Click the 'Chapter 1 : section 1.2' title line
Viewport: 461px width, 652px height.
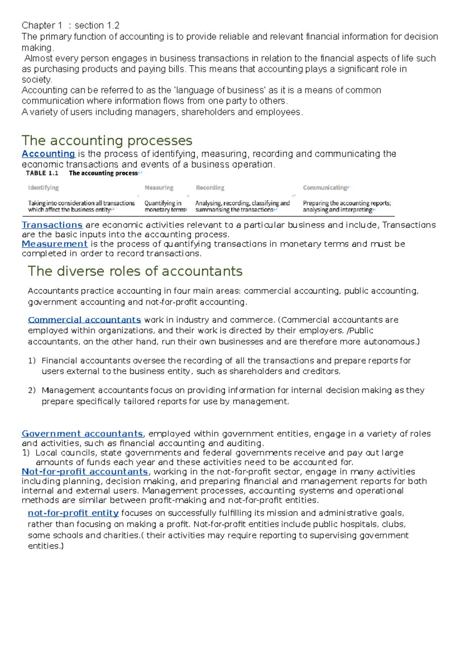70,26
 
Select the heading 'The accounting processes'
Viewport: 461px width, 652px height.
107,141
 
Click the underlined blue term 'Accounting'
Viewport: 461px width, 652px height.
48,154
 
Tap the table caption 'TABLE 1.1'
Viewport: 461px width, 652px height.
42,173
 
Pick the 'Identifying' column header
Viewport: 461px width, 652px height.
43,187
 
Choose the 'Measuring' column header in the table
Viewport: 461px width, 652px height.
159,187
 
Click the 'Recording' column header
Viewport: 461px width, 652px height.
210,187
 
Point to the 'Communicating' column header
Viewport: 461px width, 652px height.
325,187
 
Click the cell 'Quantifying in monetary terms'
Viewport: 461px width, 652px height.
164,206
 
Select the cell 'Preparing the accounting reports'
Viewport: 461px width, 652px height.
347,203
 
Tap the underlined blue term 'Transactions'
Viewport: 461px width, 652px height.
52,225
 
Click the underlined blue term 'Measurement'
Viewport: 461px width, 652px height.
55,244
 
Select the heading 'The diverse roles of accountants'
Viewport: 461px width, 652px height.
135,271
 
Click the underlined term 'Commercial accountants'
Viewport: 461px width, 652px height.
85,320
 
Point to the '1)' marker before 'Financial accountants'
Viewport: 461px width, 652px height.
32,361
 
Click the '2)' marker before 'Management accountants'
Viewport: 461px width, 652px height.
32,390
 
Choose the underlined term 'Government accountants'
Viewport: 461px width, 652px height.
82,434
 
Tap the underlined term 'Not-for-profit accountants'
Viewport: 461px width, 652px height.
85,472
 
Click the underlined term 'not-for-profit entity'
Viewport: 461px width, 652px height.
73,513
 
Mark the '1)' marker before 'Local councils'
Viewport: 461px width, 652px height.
26,453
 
